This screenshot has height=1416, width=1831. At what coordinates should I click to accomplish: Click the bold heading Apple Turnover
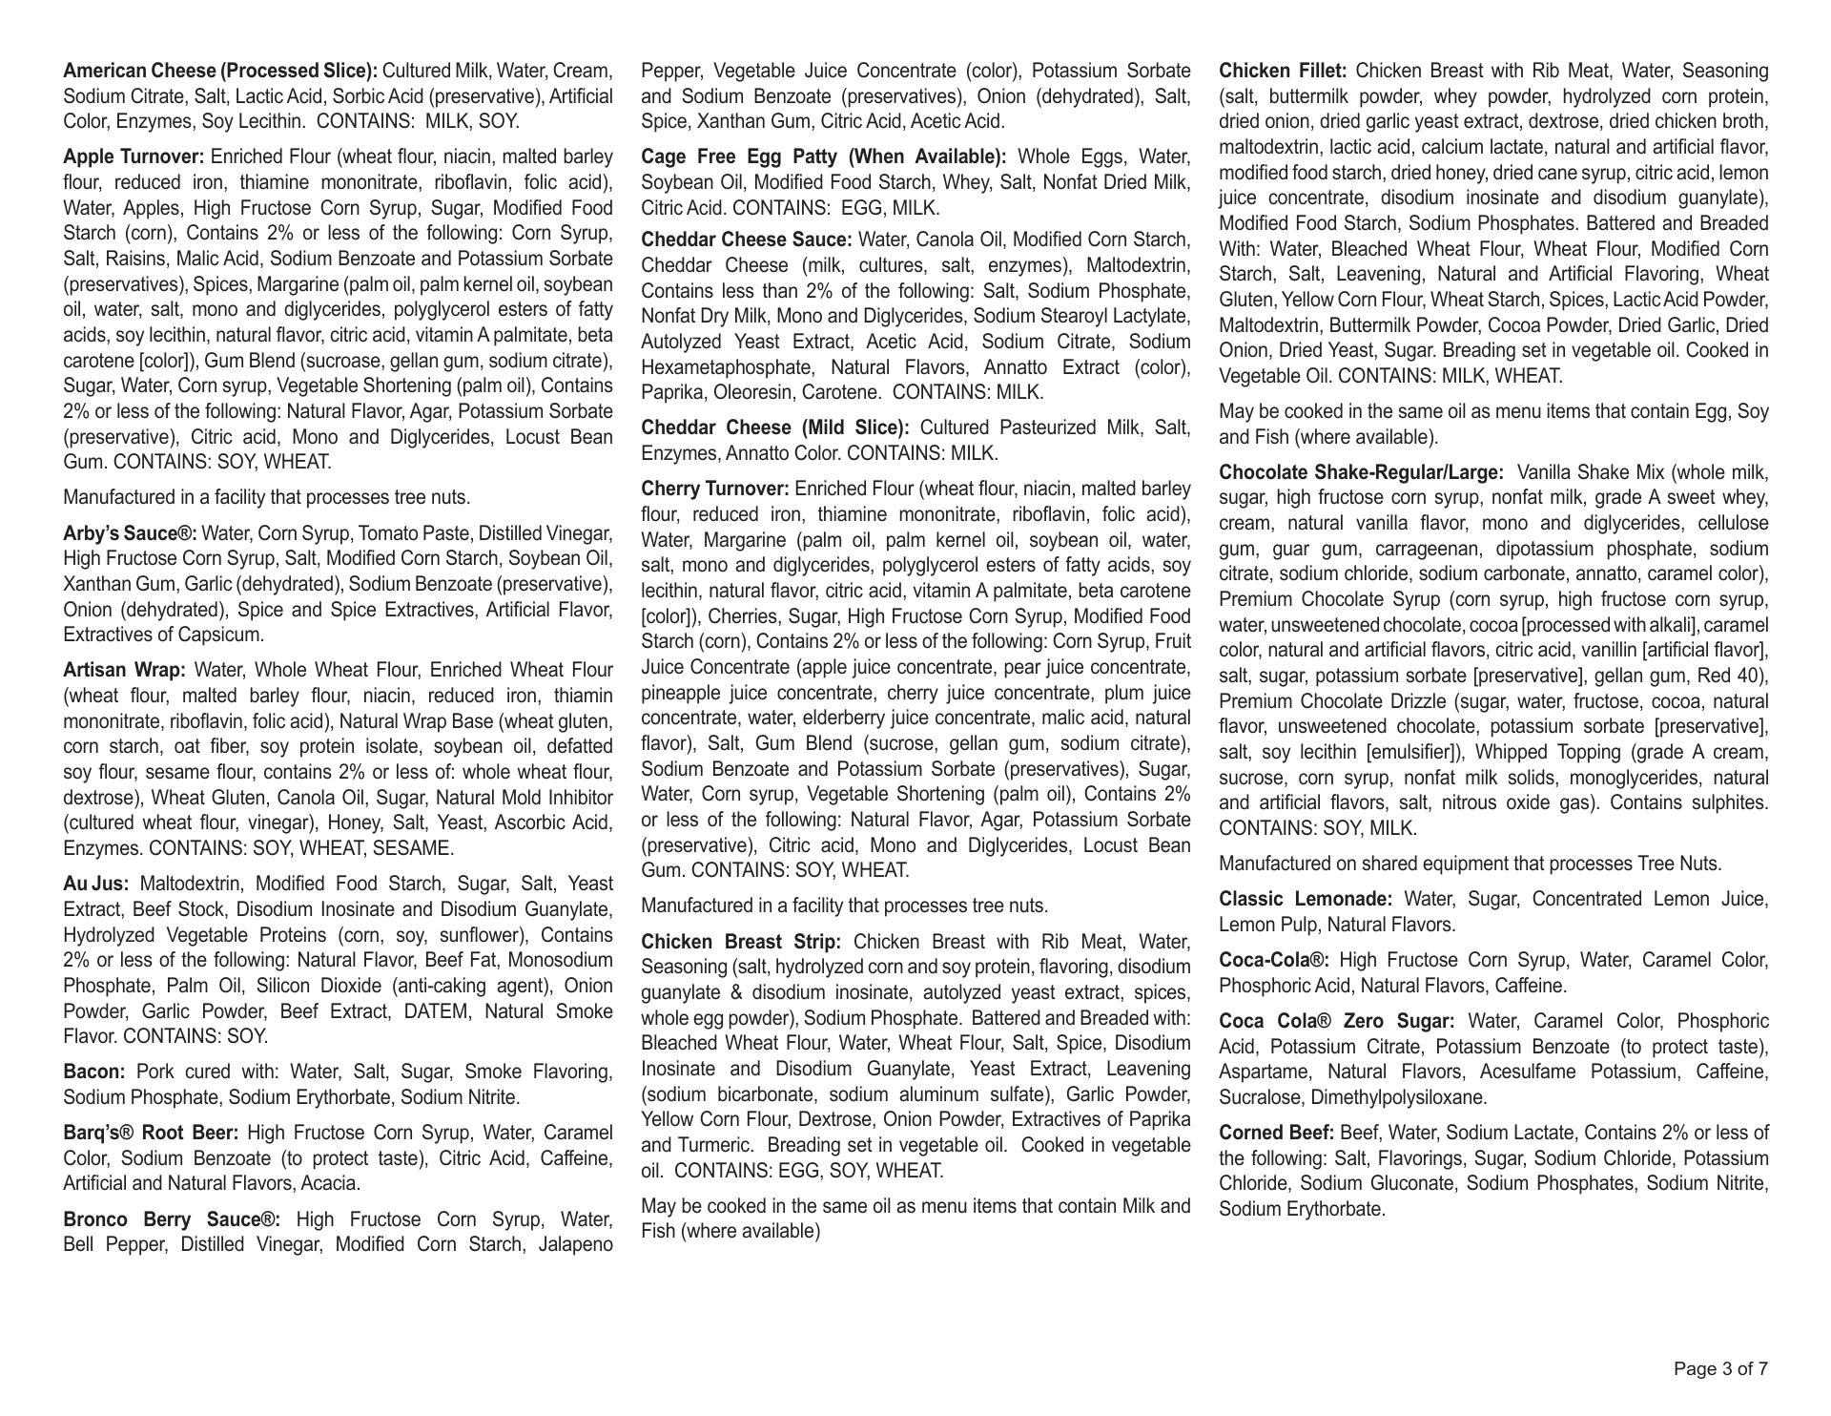coord(134,156)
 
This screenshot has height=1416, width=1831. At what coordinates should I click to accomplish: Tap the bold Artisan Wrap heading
coord(124,670)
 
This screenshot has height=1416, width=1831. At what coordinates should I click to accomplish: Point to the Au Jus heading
coord(95,884)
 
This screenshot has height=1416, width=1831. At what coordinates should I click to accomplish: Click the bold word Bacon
coord(94,1072)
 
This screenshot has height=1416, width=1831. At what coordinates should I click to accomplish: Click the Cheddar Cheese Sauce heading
coord(746,239)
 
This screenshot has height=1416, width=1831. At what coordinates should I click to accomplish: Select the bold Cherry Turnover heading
coord(715,489)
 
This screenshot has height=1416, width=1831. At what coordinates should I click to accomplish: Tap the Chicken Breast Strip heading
coord(741,942)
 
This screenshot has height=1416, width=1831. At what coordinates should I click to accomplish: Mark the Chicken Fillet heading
coord(1283,71)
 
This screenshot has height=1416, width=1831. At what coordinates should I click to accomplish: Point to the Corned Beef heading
coord(1276,1133)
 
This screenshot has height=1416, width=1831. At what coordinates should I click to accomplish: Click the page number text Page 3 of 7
coord(1720,1369)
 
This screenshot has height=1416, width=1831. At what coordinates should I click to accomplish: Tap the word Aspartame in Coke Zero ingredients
coord(1259,1072)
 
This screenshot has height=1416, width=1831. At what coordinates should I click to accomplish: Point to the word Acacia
coord(328,1183)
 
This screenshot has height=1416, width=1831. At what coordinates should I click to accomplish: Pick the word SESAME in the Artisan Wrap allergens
coord(417,848)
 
